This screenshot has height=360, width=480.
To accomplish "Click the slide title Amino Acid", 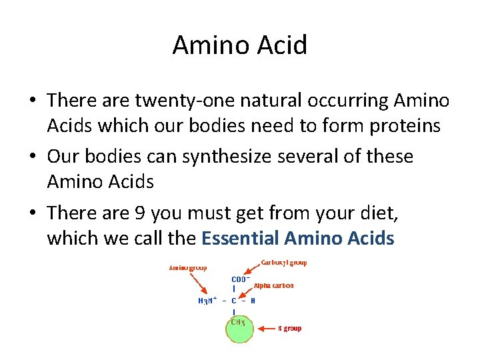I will point(240,45).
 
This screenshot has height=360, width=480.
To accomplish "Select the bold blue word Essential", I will point(240,238).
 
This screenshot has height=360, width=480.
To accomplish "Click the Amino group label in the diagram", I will point(188,268).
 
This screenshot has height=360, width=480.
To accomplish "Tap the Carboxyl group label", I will point(284,263).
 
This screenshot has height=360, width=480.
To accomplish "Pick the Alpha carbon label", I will point(273,285).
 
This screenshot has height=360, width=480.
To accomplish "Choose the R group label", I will point(289,328).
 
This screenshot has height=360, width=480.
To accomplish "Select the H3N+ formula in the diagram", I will point(207,301).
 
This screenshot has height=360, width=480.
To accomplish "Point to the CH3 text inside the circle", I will point(237,322).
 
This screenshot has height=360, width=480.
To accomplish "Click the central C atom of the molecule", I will point(234,301).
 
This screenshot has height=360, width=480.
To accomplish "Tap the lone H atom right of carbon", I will point(253,301).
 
